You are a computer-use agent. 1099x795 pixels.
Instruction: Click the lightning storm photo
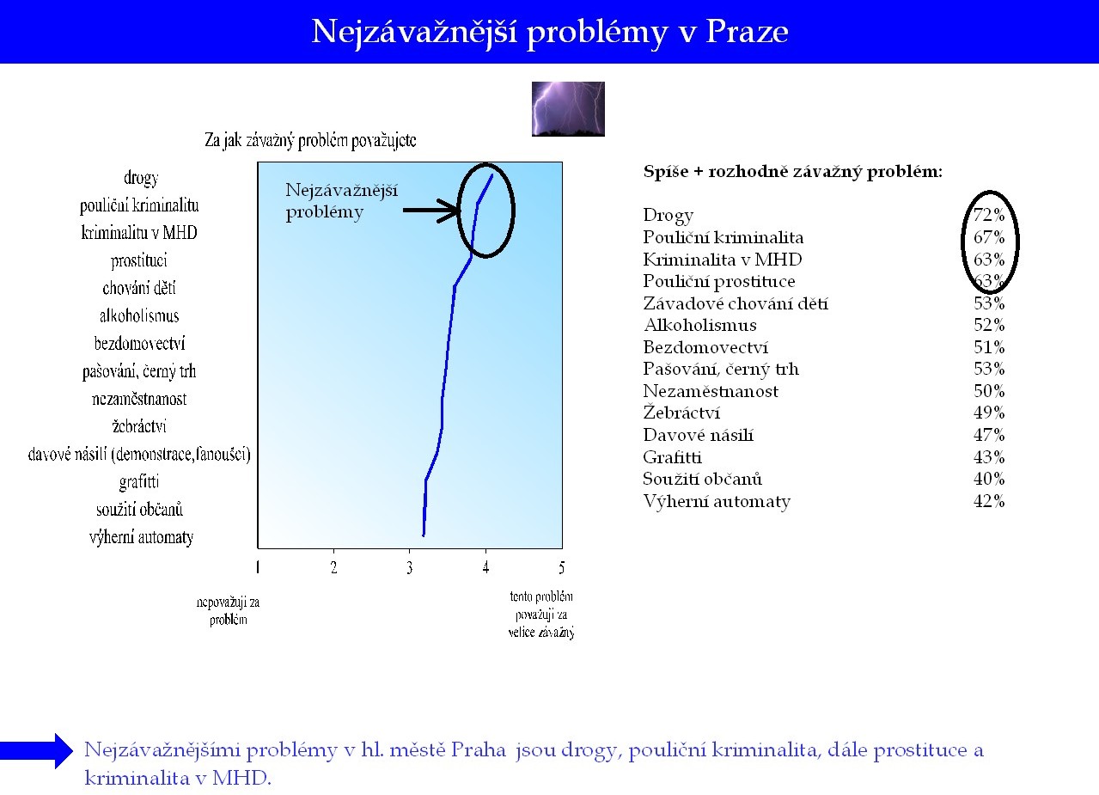[x=568, y=109]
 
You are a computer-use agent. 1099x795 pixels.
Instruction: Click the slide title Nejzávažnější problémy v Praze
[x=550, y=33]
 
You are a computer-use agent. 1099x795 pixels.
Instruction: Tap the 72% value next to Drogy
[x=989, y=215]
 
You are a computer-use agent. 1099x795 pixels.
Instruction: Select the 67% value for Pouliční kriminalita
[x=989, y=237]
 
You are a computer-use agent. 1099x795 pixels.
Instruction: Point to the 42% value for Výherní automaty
[x=989, y=501]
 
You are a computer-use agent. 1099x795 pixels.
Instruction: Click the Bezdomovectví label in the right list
[x=705, y=347]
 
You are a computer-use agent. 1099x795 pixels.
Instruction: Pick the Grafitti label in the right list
[x=672, y=457]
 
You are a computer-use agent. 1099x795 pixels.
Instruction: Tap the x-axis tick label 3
[x=410, y=568]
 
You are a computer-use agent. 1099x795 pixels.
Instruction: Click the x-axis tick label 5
[x=562, y=568]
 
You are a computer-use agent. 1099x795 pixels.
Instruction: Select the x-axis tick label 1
[x=258, y=568]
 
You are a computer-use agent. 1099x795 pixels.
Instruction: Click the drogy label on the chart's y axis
[x=141, y=178]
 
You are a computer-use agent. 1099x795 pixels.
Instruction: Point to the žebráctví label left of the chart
[x=139, y=426]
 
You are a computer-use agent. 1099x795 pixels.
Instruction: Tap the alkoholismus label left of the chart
[x=139, y=315]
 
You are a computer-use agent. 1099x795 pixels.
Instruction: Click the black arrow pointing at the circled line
[x=431, y=211]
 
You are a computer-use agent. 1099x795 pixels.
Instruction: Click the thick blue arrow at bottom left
[x=36, y=751]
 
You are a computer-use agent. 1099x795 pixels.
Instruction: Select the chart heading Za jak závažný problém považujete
[x=310, y=141]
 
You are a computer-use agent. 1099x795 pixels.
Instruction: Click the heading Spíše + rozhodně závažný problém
[x=793, y=172]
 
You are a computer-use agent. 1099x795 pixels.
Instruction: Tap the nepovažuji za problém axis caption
[x=229, y=611]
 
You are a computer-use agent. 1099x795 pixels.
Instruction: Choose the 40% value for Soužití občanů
[x=989, y=479]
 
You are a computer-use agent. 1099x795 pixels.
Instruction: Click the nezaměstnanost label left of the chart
[x=139, y=399]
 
